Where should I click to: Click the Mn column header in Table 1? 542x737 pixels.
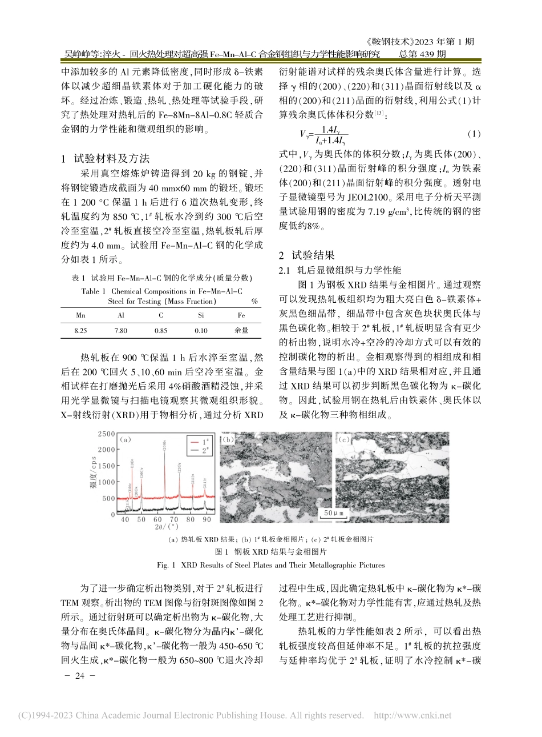click(x=80, y=315)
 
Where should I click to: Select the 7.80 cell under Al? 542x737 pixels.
click(x=121, y=330)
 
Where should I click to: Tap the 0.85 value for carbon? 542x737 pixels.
click(x=161, y=330)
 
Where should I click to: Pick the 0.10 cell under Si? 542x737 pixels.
click(x=201, y=330)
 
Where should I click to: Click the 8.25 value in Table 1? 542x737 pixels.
click(x=80, y=330)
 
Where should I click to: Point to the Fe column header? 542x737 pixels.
click(x=241, y=315)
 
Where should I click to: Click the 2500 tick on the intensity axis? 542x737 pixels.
click(x=106, y=434)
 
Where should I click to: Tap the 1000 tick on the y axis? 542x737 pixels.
click(x=106, y=482)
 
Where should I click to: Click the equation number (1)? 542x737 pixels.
click(x=474, y=134)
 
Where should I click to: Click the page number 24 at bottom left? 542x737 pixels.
click(x=80, y=676)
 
